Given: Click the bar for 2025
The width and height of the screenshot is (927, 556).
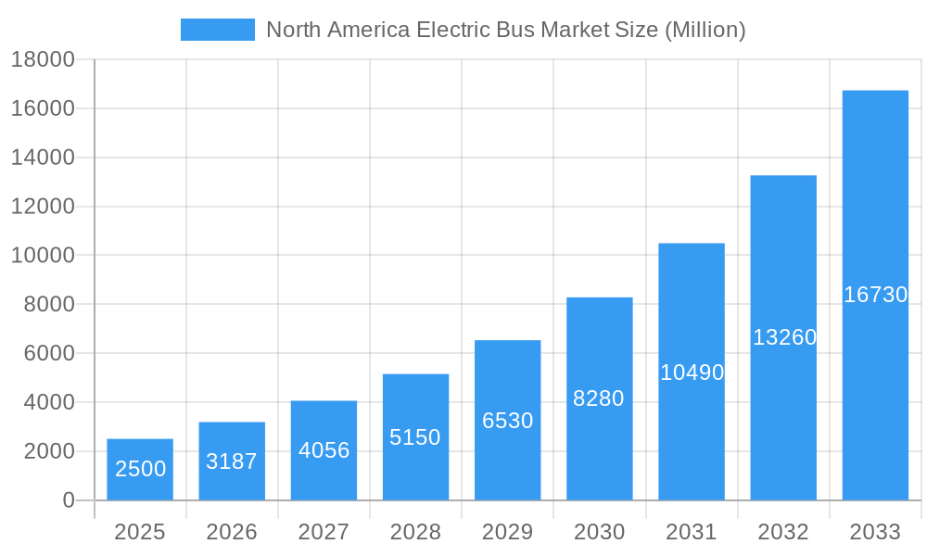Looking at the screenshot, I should tap(140, 470).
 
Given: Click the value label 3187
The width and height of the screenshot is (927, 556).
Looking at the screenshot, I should tap(232, 461).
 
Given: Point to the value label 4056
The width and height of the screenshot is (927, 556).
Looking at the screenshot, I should tap(324, 450).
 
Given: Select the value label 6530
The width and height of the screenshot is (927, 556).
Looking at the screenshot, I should tap(508, 421).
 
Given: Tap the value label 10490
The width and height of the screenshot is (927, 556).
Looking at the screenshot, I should tap(692, 373).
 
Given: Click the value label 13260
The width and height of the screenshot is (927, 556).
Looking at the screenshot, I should tap(783, 337).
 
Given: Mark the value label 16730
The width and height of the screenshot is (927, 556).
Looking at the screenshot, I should tap(875, 295).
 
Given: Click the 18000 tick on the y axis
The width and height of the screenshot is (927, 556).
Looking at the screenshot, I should tap(43, 59).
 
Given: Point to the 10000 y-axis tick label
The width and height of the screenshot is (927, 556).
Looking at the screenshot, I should tap(43, 256).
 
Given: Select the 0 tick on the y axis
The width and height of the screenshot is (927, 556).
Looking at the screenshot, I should tap(68, 500).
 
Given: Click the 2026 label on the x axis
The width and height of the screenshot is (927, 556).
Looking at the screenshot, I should tap(232, 532).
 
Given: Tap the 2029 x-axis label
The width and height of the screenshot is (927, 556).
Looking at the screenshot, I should tap(508, 532).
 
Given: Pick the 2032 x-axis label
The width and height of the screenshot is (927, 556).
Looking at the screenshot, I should tap(783, 532).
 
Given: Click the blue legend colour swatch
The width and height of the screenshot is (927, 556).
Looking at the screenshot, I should tap(218, 30).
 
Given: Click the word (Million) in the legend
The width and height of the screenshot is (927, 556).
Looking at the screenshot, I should tap(705, 30).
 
